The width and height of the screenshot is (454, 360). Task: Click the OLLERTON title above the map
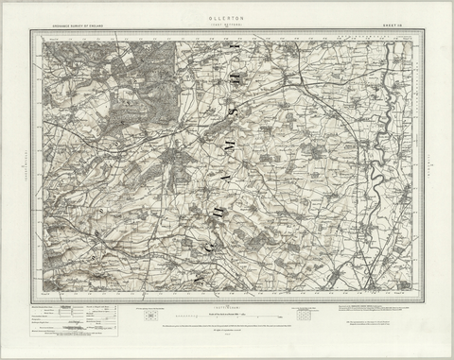(x=227, y=16)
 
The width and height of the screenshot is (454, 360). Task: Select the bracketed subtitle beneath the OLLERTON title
(x=227, y=22)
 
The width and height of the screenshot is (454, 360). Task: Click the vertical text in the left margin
(x=19, y=165)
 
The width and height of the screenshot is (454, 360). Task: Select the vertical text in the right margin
(x=434, y=165)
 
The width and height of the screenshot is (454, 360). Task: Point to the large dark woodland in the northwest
(x=128, y=104)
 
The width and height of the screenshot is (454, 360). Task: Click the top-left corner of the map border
(x=30, y=30)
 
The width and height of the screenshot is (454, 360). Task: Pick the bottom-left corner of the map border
(x=30, y=302)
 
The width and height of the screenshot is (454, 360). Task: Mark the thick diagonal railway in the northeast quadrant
(x=336, y=104)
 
